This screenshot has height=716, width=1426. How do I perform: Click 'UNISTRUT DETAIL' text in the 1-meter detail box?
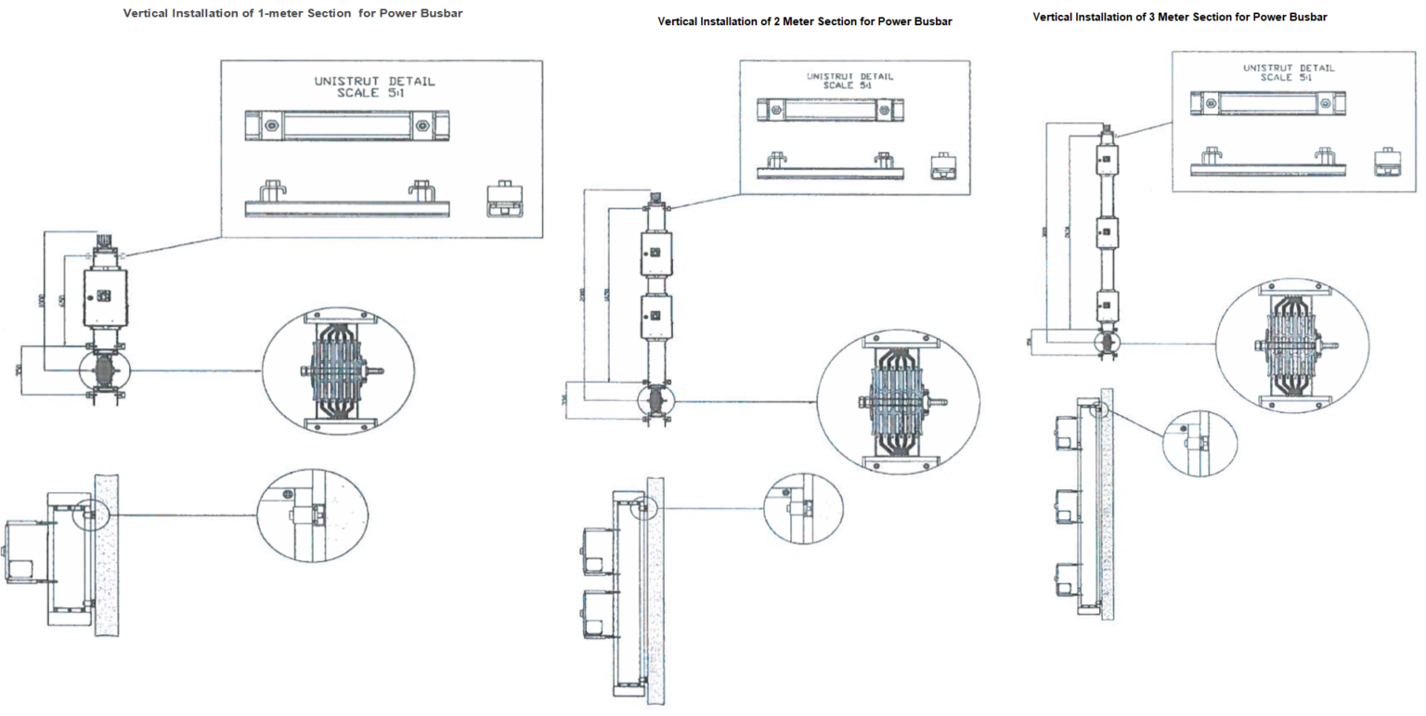point(374,82)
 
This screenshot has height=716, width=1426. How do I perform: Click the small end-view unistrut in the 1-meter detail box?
point(505,200)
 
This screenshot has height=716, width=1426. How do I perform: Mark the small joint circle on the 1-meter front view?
point(104,370)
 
